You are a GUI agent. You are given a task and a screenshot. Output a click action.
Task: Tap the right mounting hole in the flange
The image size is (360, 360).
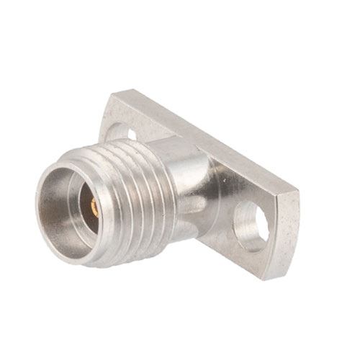pyautogui.click(x=251, y=227)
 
